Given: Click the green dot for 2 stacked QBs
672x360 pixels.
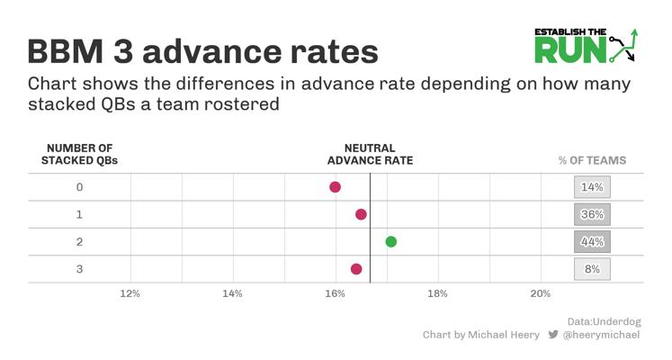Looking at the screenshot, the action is point(390,242).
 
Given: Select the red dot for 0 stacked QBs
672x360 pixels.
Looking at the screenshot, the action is point(336,187).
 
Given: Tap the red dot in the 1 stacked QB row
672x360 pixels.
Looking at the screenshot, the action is point(361,214).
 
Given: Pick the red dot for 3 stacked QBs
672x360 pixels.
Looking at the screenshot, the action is point(356,269).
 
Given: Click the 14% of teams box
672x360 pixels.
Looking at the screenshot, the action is point(592,187).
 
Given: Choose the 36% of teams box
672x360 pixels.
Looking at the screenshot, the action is point(592,214).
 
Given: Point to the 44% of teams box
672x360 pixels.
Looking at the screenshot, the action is point(592,242).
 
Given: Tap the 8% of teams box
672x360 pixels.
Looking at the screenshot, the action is point(592,269).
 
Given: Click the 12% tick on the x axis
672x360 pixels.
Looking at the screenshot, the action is point(130,293).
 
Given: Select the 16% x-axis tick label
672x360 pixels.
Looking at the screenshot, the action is point(336,293).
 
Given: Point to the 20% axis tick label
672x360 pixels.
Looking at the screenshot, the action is point(541,293).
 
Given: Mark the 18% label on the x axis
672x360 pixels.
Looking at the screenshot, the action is point(437,293).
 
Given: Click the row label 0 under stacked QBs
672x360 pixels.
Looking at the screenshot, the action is point(80,187).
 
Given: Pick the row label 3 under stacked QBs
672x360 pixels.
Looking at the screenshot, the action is point(80,269).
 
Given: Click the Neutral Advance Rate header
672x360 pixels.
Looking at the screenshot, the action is point(371,154).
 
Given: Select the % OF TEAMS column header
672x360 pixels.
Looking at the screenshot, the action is point(592,160).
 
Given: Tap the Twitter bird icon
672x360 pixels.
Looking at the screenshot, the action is point(553,334).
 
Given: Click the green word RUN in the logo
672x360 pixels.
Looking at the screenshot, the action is point(570,49).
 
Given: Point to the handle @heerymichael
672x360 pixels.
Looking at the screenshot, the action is point(601,335).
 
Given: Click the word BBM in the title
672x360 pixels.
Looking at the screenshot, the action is point(66,52).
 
